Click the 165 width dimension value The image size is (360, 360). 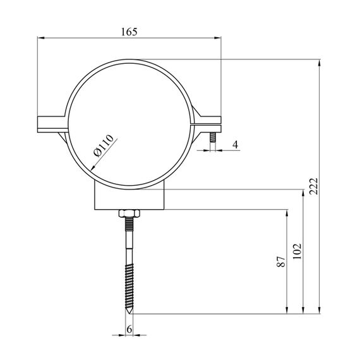click(x=129, y=32)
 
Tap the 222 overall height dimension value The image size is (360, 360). click(x=313, y=186)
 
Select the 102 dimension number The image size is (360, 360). click(x=297, y=251)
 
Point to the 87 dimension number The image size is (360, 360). click(x=281, y=261)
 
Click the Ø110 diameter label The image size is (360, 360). click(x=104, y=145)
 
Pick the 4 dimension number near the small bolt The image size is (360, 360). click(x=236, y=145)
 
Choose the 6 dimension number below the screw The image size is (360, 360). click(x=129, y=330)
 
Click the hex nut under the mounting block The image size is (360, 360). click(x=129, y=213)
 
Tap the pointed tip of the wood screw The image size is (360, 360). click(x=129, y=313)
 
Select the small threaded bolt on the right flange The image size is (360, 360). click(x=213, y=137)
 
